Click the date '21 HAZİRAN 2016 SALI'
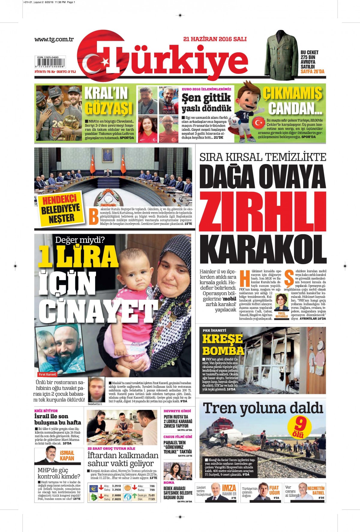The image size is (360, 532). [x=215, y=39]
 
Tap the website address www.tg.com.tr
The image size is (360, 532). [x=54, y=39]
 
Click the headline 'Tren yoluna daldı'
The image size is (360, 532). [x=263, y=408]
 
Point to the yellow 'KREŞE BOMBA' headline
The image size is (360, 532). [x=223, y=344]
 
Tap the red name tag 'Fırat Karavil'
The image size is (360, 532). [x=47, y=374]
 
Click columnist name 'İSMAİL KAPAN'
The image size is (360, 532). [x=67, y=455]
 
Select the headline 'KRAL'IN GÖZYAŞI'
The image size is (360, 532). [x=108, y=101]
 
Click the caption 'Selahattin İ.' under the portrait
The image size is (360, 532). [x=95, y=404]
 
